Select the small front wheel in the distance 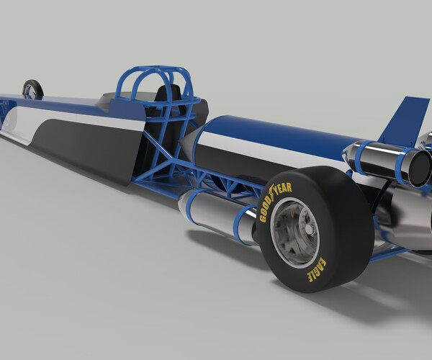(32, 89)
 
